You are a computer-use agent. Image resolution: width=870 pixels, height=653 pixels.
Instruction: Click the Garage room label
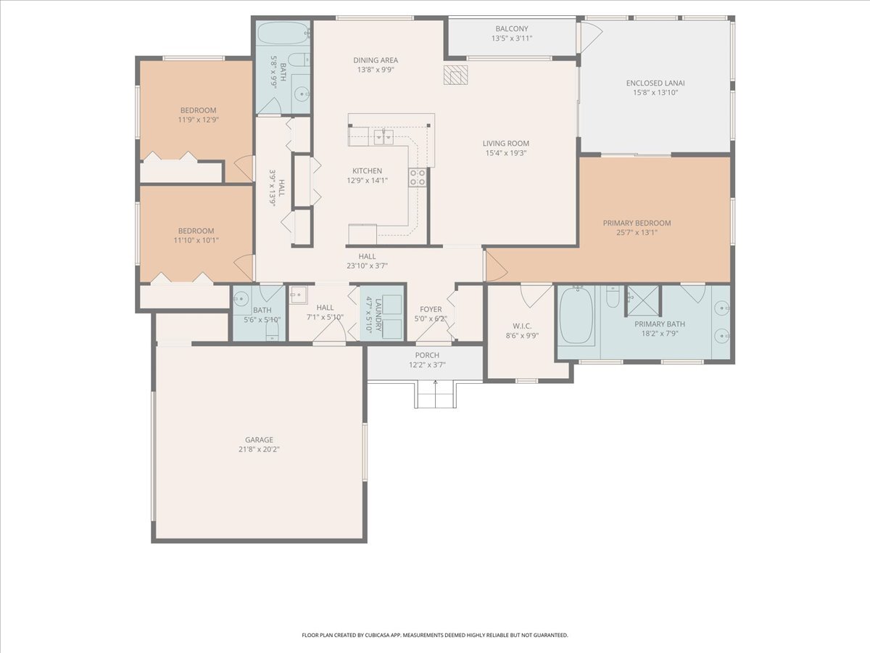[x=259, y=440]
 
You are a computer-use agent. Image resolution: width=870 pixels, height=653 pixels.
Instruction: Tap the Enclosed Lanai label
[x=655, y=83]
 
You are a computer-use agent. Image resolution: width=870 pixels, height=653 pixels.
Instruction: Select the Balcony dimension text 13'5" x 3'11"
[x=512, y=38]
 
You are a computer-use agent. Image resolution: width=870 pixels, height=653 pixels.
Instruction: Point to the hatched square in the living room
[x=455, y=75]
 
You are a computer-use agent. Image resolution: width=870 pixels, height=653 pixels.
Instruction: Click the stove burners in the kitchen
[x=418, y=177]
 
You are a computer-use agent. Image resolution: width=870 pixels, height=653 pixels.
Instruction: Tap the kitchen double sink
[x=383, y=136]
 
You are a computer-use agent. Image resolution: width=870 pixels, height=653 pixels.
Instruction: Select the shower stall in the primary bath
[x=642, y=301]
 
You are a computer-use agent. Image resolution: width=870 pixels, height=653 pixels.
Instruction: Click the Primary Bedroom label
[x=637, y=223]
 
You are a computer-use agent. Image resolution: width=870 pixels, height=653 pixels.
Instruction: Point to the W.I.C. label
[x=522, y=326]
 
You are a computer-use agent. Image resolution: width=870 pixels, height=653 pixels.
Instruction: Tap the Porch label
[x=427, y=356]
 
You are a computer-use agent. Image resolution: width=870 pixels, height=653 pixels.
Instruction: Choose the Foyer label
[x=431, y=309]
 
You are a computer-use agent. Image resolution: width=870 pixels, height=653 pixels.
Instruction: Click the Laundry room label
[x=378, y=315]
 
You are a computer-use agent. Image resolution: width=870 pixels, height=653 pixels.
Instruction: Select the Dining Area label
[x=376, y=60]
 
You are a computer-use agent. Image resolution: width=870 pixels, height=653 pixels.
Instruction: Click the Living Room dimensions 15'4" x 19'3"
[x=506, y=153]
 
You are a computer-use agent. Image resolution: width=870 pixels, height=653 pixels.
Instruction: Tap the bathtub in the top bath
[x=283, y=33]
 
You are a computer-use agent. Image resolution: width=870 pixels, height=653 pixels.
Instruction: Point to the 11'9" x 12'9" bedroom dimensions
[x=198, y=120]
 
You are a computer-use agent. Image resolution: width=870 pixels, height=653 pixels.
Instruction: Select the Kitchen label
[x=367, y=171]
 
